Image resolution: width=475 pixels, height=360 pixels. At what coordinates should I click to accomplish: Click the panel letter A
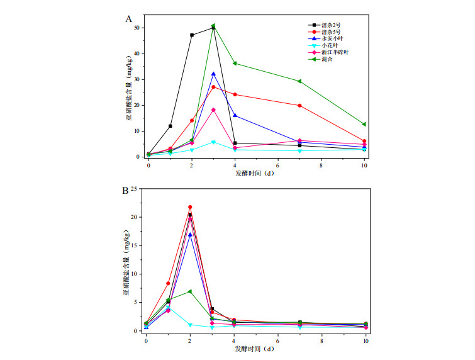tap(128, 20)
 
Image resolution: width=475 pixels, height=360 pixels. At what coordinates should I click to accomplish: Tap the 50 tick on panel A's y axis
tap(139, 28)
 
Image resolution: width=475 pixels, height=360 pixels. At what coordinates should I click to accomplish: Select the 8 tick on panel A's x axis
tap(321, 164)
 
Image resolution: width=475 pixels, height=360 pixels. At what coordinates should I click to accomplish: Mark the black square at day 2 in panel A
tap(192, 35)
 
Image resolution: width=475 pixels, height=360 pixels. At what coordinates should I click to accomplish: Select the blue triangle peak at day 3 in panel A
tap(213, 74)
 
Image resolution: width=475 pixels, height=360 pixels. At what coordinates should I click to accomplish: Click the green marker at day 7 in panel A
tap(299, 81)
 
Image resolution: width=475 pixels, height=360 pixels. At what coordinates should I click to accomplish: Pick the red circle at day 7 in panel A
tap(299, 106)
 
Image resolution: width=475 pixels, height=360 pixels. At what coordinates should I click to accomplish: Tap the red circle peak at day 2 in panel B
tap(190, 207)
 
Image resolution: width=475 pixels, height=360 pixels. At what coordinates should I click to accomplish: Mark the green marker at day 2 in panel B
tap(190, 291)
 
